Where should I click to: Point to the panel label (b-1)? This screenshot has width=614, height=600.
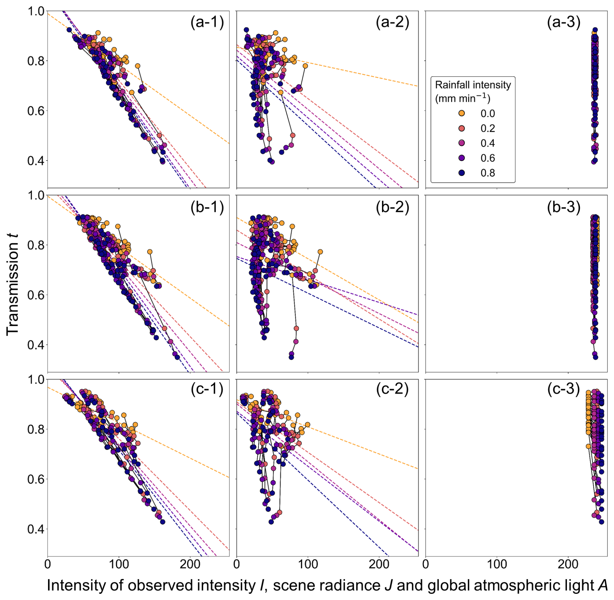(207, 207)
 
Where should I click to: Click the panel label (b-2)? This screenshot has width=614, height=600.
(392, 207)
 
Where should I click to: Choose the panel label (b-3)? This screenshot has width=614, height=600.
(564, 207)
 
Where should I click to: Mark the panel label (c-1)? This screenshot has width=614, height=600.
(207, 389)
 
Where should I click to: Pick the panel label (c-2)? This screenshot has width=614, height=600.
(392, 389)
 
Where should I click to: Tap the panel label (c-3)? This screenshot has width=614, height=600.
(564, 389)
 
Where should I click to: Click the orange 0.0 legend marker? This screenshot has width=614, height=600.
(461, 113)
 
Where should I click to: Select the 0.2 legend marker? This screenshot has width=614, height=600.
(461, 128)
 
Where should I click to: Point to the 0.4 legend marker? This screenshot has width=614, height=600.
(461, 143)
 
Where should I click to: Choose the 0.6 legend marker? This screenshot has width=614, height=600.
(461, 158)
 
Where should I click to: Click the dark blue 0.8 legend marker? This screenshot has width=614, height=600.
(461, 173)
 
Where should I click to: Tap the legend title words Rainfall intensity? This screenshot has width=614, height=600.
(473, 85)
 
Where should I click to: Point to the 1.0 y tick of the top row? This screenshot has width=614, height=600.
(36, 11)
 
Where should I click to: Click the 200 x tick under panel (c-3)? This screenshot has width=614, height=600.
(568, 564)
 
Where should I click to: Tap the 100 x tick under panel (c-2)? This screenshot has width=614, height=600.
(308, 564)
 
